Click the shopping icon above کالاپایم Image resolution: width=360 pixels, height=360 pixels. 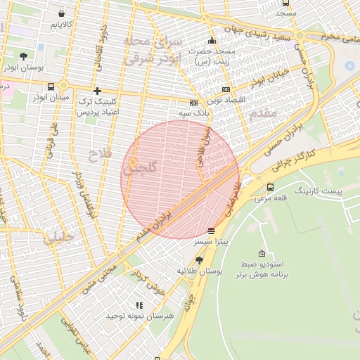click(x=63, y=13)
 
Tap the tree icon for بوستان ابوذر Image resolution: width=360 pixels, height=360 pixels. click(x=24, y=56)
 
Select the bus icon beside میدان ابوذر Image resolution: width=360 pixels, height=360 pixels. click(x=50, y=86)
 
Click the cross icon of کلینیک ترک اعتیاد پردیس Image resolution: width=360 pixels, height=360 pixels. click(x=97, y=91)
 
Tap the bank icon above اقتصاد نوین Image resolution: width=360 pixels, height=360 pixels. click(x=226, y=89)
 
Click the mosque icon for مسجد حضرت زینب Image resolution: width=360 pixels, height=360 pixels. click(x=212, y=40)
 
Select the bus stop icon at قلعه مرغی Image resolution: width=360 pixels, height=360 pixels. click(x=271, y=186)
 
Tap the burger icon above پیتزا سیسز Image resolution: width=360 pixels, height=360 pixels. click(x=212, y=231)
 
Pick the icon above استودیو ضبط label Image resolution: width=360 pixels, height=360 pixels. click(x=262, y=253)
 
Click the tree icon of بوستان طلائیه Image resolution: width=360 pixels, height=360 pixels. click(x=199, y=260)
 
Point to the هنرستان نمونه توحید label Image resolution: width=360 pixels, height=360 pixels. click(x=139, y=316)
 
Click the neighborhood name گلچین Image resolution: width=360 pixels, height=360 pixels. click(x=140, y=169)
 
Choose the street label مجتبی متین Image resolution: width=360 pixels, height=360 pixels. click(x=98, y=276)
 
